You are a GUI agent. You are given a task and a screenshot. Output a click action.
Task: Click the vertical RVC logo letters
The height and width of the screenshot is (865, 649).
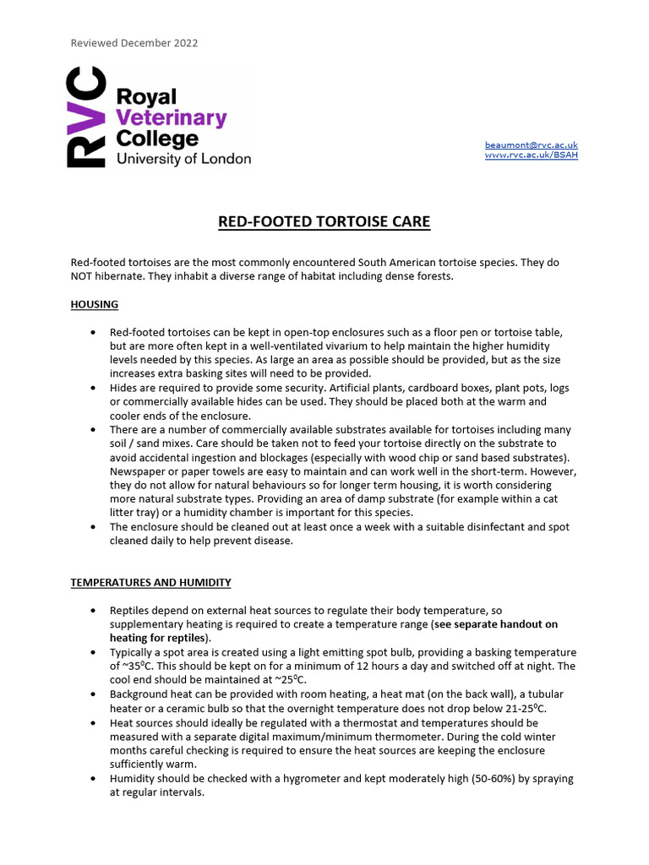[87, 118]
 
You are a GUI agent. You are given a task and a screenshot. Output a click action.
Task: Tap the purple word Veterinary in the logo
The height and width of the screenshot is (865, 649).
[172, 117]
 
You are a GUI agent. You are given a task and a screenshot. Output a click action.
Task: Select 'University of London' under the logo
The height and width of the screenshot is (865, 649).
[183, 158]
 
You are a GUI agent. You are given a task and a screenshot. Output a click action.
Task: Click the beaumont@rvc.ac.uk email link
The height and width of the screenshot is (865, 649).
[531, 145]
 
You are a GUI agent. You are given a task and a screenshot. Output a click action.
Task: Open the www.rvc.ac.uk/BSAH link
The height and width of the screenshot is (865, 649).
[531, 155]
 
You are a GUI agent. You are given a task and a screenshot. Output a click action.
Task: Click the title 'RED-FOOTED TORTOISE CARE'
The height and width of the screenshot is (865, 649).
[324, 222]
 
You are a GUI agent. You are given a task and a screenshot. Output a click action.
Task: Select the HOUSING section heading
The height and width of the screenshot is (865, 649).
[94, 304]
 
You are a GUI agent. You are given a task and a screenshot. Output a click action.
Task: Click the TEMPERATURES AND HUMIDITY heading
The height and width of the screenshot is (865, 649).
[150, 583]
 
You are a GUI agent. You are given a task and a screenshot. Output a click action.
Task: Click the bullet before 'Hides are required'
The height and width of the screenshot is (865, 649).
[92, 387]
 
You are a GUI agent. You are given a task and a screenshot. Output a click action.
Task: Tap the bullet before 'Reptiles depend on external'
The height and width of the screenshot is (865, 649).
[92, 610]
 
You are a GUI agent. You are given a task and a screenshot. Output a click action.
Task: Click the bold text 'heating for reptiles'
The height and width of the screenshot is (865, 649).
[158, 638]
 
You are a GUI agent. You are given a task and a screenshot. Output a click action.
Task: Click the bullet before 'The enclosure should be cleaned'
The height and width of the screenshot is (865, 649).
[92, 527]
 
